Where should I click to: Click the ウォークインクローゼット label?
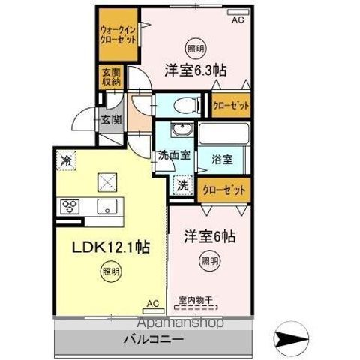(118, 35)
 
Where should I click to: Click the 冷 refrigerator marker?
(66, 160)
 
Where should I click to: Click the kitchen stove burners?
(71, 206)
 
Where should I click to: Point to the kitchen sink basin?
(104, 208)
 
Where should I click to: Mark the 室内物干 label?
(194, 298)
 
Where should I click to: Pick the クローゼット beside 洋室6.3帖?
(230, 106)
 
